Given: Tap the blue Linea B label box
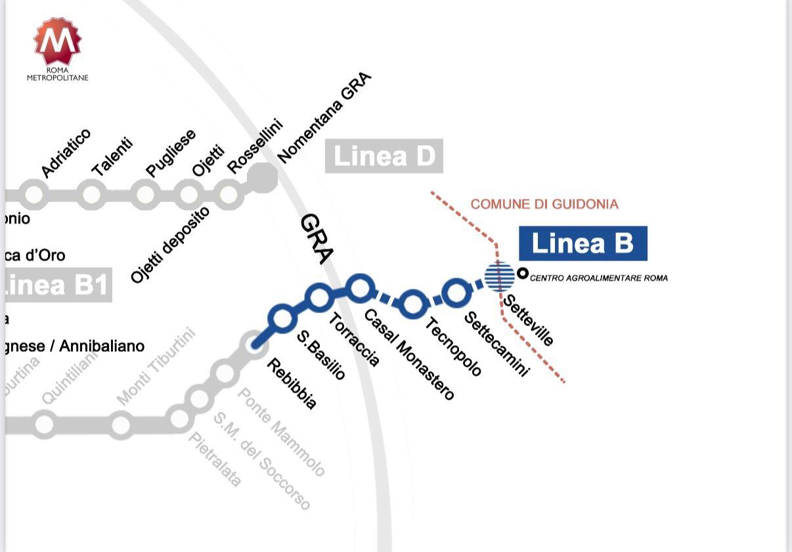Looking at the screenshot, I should [x=583, y=244].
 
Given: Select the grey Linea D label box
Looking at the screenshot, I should [x=384, y=156].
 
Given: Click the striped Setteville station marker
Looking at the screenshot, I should [x=499, y=276].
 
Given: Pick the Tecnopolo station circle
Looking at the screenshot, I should [x=412, y=303].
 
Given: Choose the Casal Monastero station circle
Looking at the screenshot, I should [x=360, y=287].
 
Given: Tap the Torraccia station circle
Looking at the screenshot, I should [x=319, y=297].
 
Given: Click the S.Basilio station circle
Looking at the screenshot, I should [x=282, y=318].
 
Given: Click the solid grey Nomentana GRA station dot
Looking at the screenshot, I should [x=263, y=178].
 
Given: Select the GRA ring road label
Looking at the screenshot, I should [x=317, y=239].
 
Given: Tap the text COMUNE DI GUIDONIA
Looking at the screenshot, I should [x=544, y=204].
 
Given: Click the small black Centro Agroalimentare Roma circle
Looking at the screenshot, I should [x=523, y=273].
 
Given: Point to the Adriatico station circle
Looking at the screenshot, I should [x=33, y=194].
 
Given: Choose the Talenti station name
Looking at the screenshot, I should [x=112, y=157].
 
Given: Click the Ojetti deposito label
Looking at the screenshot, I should [x=170, y=244].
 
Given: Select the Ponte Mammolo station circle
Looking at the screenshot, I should [x=225, y=373].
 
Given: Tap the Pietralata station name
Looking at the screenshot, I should [x=215, y=459].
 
